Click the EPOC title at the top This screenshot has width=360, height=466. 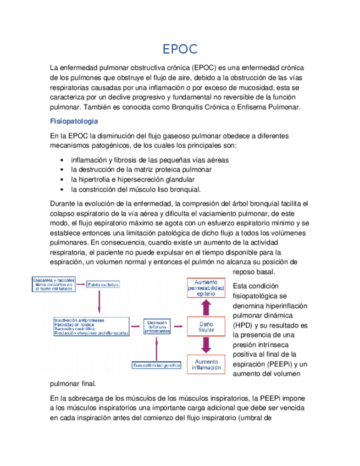tap(180, 49)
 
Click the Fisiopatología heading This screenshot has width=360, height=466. tap(74, 120)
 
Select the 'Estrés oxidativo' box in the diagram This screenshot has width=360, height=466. tap(103, 284)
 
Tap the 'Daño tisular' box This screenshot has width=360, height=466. tap(206, 326)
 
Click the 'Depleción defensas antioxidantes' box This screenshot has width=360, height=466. tap(157, 326)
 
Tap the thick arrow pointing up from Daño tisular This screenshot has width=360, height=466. tap(206, 308)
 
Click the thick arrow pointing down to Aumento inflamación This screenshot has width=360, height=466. tap(206, 345)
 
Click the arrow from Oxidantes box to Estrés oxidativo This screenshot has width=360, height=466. tap(80, 284)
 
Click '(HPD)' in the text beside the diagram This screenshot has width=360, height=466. tap(243, 325)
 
